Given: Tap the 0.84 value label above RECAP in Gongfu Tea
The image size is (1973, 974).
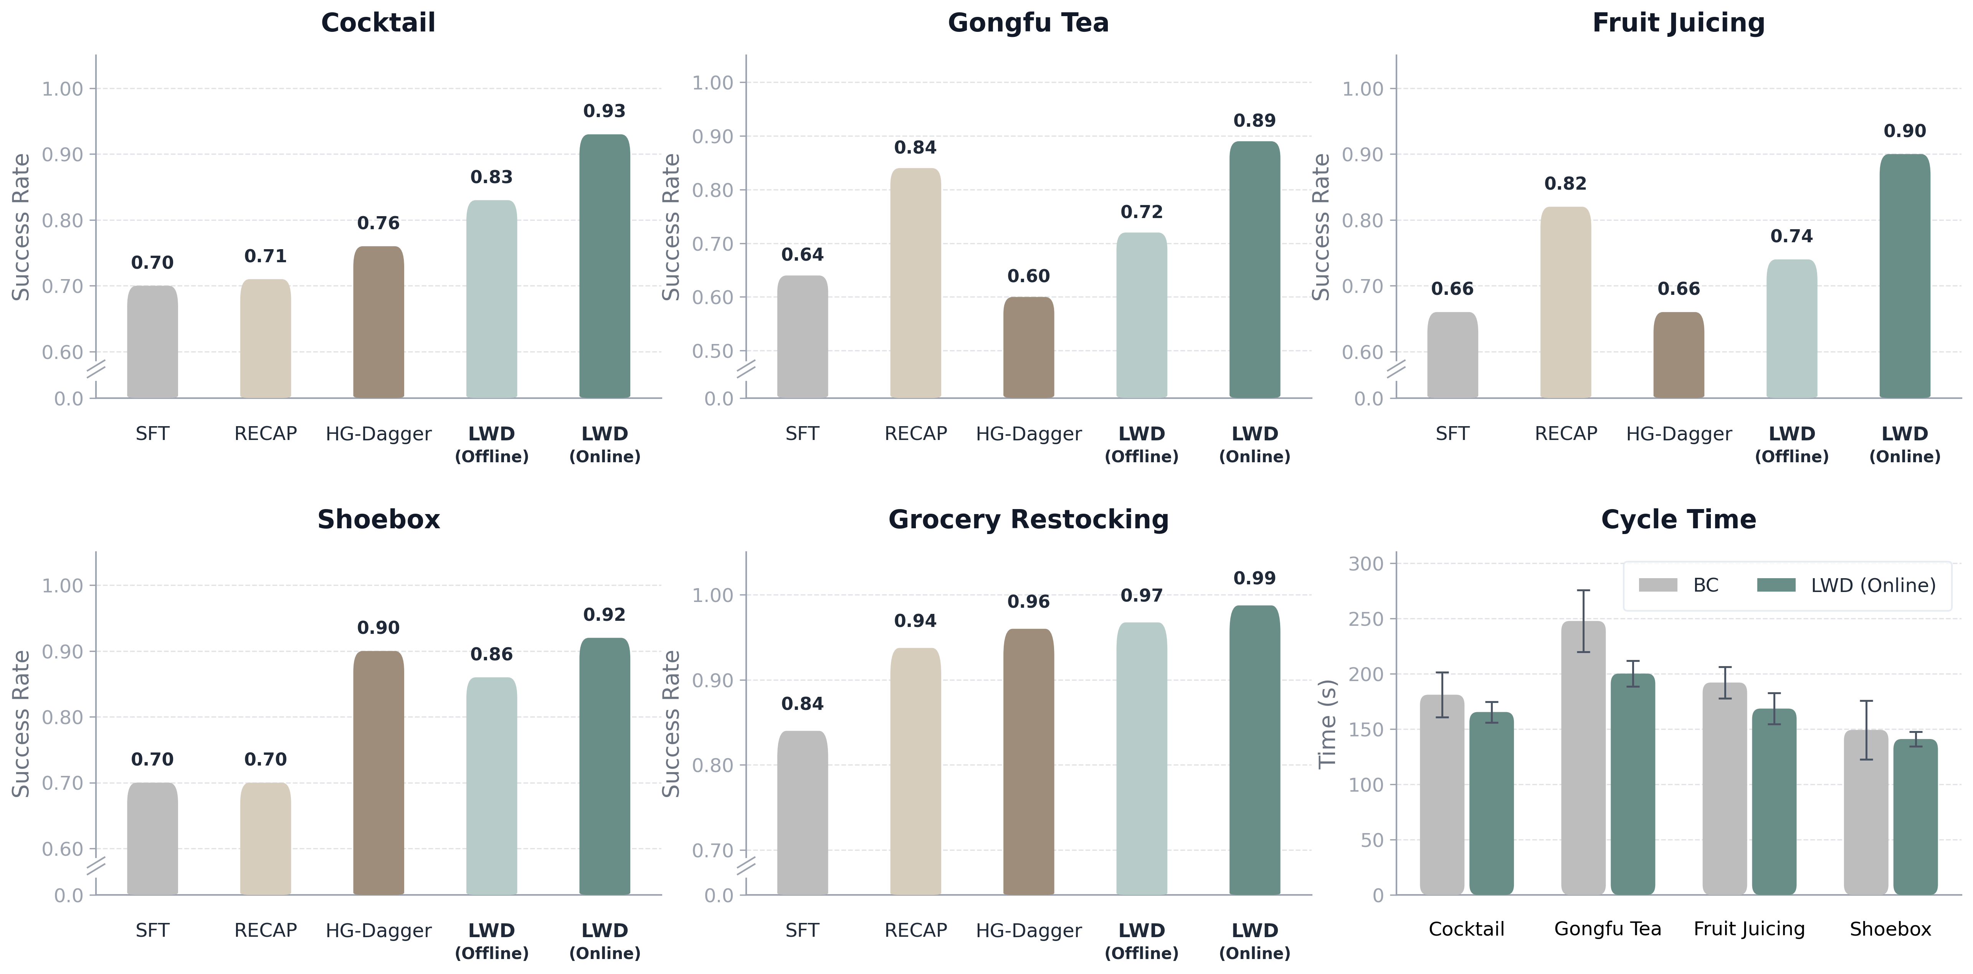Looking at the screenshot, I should pyautogui.click(x=915, y=147).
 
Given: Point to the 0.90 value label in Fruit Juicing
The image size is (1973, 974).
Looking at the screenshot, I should pyautogui.click(x=1905, y=131).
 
